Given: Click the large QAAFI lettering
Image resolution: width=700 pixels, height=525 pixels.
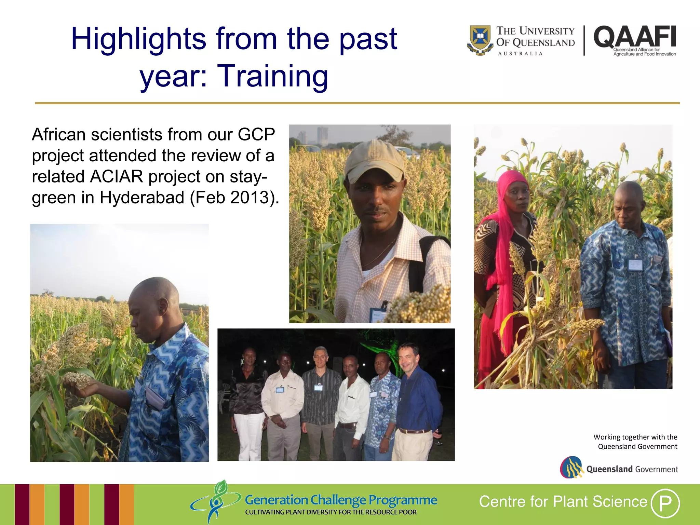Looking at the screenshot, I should coord(635,37).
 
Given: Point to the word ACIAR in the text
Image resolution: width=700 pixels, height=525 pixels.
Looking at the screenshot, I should coord(116,177).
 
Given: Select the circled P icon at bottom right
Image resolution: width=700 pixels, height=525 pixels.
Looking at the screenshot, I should coord(665,503).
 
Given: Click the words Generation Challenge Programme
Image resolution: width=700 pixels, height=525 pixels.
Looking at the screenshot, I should coord(340,500).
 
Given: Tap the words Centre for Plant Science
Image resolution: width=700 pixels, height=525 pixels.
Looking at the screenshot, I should coord(563,502).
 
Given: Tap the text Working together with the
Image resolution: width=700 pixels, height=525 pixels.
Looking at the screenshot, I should coord(635,437).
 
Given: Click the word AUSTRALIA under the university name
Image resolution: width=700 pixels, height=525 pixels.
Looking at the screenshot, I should coord(520,54).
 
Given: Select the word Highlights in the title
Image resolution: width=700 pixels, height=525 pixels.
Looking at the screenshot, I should coord(138,39).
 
